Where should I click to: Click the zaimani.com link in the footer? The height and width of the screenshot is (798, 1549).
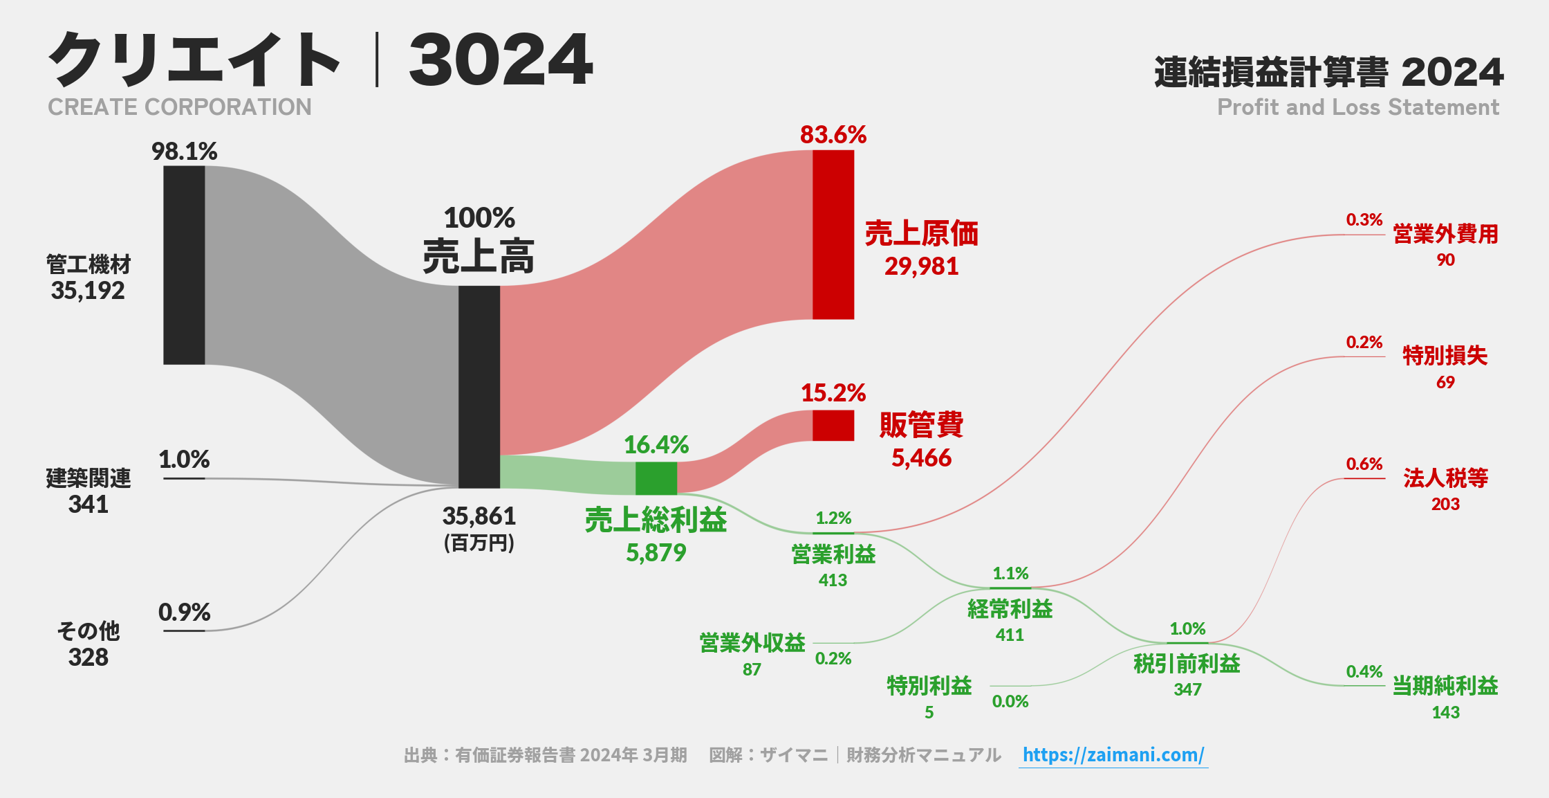(1113, 754)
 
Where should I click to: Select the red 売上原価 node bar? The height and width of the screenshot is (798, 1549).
(833, 235)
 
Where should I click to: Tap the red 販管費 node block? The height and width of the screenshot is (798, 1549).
(833, 426)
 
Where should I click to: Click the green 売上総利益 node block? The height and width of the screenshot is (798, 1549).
(656, 478)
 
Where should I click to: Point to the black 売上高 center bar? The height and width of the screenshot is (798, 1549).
(479, 387)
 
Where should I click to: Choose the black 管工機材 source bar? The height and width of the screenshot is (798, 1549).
(184, 265)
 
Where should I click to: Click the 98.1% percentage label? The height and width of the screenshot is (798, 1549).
(185, 151)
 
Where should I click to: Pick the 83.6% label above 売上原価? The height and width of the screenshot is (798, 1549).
(833, 134)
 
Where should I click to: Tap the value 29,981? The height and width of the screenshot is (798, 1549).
(921, 266)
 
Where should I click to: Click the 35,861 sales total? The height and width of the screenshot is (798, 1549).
(479, 516)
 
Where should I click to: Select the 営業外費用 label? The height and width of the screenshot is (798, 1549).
(1445, 234)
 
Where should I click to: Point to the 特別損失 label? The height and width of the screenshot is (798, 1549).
(1445, 356)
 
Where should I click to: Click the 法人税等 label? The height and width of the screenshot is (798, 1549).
(1445, 478)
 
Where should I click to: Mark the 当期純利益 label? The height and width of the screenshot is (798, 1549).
(1445, 686)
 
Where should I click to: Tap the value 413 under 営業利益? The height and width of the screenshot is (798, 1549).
(833, 580)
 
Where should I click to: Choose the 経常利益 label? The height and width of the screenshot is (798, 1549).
(1010, 609)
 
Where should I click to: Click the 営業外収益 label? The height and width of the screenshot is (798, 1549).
(752, 643)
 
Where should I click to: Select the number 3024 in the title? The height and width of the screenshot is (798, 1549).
(501, 60)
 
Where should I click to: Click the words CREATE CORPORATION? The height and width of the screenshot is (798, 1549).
(180, 107)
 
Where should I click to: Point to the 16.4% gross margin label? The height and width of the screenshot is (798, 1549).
(656, 445)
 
